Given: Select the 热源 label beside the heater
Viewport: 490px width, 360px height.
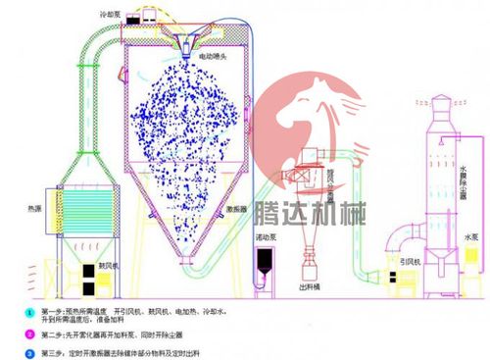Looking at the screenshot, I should [34, 208].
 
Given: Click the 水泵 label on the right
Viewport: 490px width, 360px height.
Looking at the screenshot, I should [468, 236].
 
